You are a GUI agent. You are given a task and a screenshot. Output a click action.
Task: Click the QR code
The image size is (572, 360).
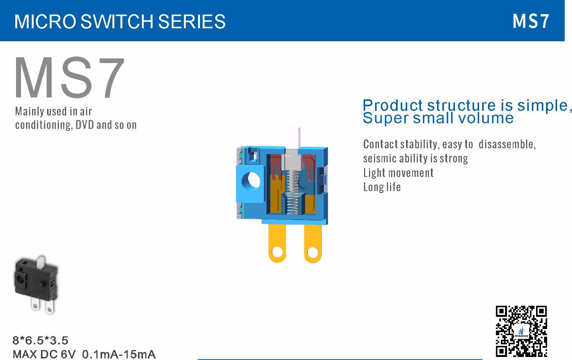[521, 331]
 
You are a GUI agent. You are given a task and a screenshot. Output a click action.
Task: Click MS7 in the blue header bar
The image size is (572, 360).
[531, 21]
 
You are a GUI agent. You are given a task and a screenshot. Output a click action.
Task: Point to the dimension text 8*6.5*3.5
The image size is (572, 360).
[41, 341]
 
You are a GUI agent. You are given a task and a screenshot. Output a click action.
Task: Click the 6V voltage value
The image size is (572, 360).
[68, 354]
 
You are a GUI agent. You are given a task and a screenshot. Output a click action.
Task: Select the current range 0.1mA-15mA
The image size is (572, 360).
[119, 354]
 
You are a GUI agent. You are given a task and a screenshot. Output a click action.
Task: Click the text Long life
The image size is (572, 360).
[382, 187]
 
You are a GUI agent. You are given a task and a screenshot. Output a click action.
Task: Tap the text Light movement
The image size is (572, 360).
[398, 173]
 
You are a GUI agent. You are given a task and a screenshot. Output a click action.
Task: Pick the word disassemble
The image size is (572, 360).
[507, 144]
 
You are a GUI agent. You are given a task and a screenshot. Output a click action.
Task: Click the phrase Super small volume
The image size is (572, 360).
[438, 118]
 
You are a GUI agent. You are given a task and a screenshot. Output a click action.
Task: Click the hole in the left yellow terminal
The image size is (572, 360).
[277, 252]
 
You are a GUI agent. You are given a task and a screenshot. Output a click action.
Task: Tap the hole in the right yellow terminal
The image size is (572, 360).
[312, 253]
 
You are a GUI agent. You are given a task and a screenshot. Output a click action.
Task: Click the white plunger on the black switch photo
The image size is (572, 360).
[41, 263]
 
